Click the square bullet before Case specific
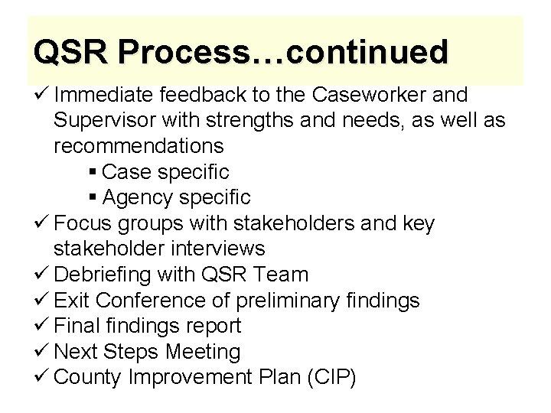(93, 171)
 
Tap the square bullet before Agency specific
(93, 197)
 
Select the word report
(210, 326)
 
